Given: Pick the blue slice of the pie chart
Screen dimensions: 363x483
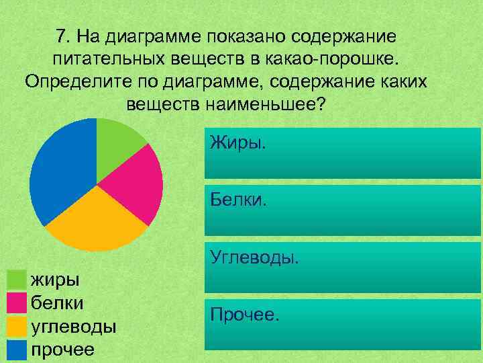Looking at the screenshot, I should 60,168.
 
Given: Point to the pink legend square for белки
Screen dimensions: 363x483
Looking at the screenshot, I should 17,303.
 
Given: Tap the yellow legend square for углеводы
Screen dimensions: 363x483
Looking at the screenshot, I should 17,327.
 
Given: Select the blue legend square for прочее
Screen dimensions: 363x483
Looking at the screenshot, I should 17,350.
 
